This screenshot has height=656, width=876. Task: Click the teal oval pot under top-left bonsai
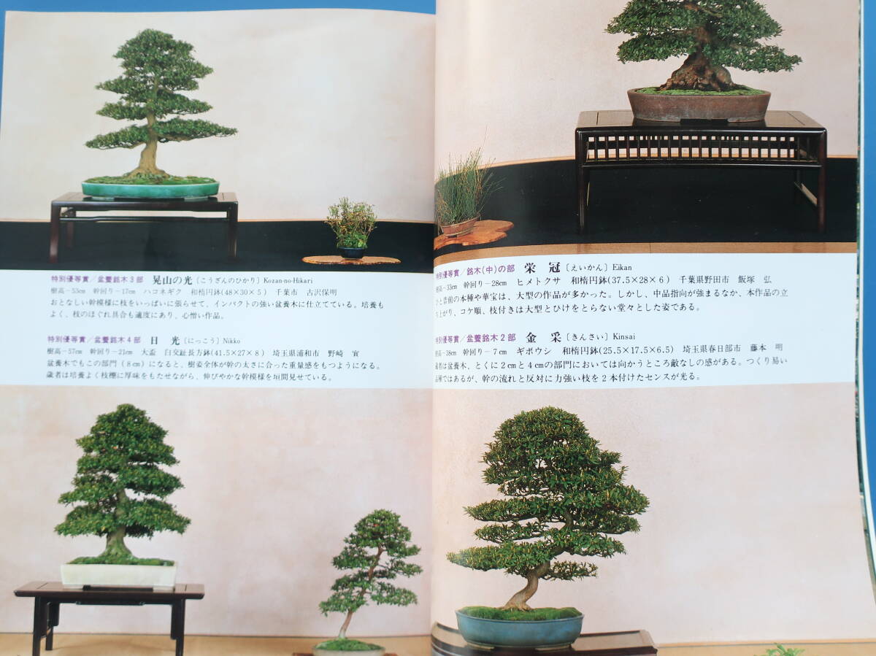click(150, 188)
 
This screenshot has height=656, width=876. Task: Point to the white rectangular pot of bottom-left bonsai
click(118, 574)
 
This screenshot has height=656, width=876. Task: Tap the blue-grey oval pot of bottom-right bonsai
click(520, 628)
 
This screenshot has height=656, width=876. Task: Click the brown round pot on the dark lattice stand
click(699, 105)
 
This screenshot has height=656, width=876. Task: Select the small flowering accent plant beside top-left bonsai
click(351, 225)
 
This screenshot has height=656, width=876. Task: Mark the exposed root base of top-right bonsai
click(697, 76)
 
